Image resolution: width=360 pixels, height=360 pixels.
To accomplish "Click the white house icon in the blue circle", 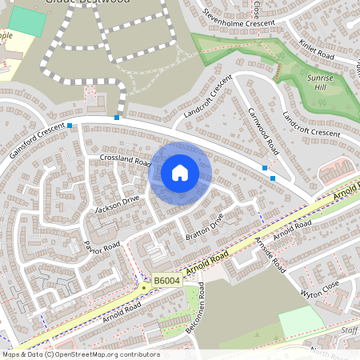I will click(x=180, y=173).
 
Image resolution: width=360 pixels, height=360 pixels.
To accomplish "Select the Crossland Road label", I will click(x=126, y=161).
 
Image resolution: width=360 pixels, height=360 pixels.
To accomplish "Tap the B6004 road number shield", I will click(x=166, y=280).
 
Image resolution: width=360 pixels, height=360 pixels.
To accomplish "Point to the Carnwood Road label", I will click(x=262, y=132).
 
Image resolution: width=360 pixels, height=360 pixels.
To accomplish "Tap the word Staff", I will click(x=350, y=329).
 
